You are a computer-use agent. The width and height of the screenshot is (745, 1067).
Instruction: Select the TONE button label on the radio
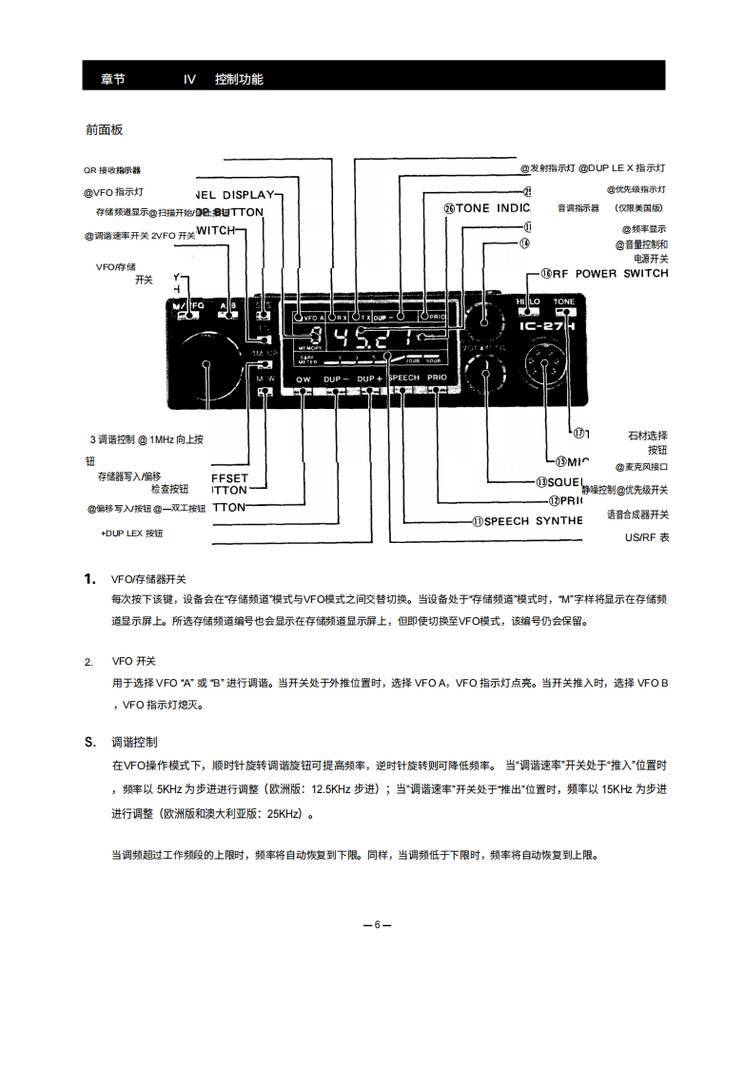(x=564, y=301)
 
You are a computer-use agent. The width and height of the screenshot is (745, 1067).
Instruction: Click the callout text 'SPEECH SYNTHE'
(x=533, y=521)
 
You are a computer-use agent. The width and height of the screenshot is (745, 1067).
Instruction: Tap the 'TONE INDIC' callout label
(x=493, y=208)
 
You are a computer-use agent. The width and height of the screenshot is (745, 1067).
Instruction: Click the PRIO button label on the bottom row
(x=437, y=378)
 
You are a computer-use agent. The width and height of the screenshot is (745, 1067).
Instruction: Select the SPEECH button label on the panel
(x=403, y=378)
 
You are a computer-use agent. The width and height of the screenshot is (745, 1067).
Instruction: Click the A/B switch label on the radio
(x=228, y=305)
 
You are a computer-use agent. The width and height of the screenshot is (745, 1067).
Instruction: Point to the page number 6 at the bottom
(x=377, y=924)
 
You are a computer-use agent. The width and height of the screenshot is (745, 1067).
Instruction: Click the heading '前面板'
(x=105, y=129)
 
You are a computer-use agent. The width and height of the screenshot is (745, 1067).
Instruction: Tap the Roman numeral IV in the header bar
(x=189, y=80)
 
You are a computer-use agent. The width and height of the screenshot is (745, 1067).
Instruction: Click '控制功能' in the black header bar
(x=239, y=80)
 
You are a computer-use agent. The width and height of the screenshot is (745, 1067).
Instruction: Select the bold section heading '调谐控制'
(x=134, y=741)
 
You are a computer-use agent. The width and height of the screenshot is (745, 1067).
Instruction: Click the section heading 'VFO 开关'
(x=133, y=661)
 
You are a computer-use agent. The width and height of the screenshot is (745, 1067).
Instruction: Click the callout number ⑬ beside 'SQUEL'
(x=541, y=482)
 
